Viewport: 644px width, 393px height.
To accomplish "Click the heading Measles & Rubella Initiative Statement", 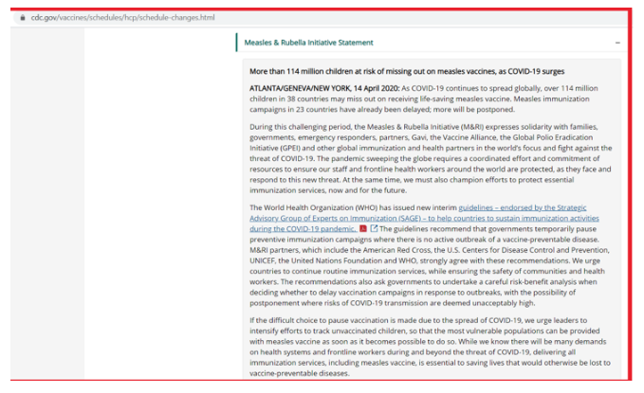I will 308,43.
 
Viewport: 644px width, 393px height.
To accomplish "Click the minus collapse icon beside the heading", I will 617,43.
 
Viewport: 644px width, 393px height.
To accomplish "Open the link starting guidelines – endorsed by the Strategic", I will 522,207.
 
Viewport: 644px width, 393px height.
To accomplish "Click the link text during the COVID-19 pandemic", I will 303,228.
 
